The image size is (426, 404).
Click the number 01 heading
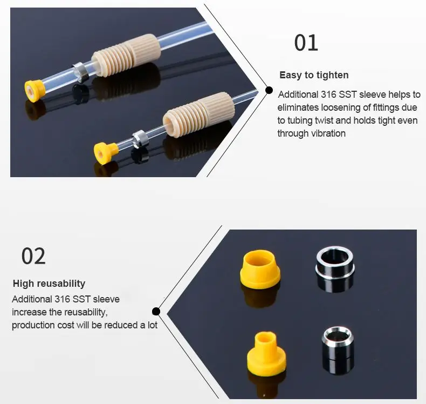coord(306,43)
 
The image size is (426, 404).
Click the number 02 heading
coord(33,255)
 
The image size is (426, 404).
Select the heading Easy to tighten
coord(314,75)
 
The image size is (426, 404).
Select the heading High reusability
coord(49,284)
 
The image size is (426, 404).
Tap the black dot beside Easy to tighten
coord(269,90)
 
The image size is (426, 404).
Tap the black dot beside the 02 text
coord(156,311)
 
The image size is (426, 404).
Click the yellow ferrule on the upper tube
coord(33,90)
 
